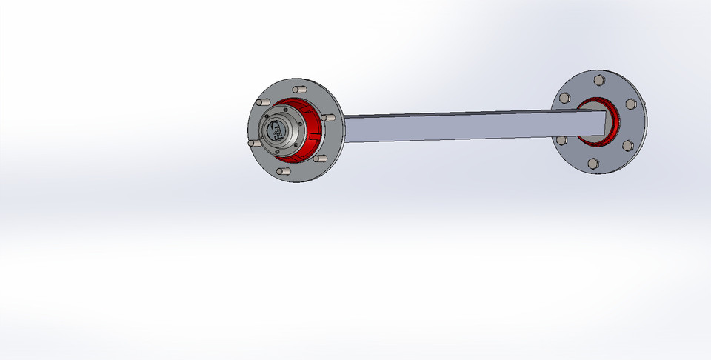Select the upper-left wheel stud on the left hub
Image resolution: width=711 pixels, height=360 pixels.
(263, 102)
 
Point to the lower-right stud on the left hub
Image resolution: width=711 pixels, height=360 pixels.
(320, 158)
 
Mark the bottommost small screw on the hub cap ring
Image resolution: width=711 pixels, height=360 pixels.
(277, 151)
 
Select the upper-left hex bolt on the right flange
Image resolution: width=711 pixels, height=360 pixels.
(565, 98)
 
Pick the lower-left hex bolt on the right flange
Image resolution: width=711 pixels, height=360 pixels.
(561, 140)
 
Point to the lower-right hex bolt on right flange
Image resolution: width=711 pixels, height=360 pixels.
(628, 145)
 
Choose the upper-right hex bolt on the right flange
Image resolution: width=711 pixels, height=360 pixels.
(631, 104)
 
